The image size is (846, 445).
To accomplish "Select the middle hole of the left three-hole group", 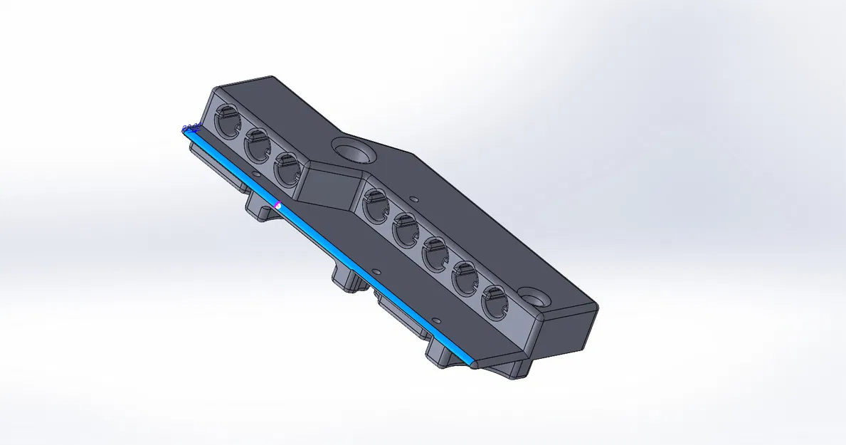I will pos(258,146).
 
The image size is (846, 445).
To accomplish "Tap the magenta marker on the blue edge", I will pos(278,205).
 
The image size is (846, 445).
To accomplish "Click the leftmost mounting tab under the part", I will pos(260,209).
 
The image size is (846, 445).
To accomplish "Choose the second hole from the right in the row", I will pos(465,278).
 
